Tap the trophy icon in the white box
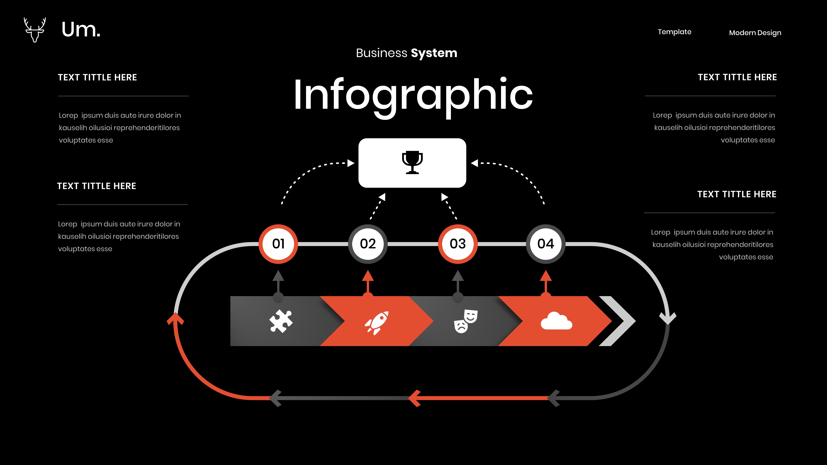click(x=412, y=162)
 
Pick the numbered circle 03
click(x=457, y=244)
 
